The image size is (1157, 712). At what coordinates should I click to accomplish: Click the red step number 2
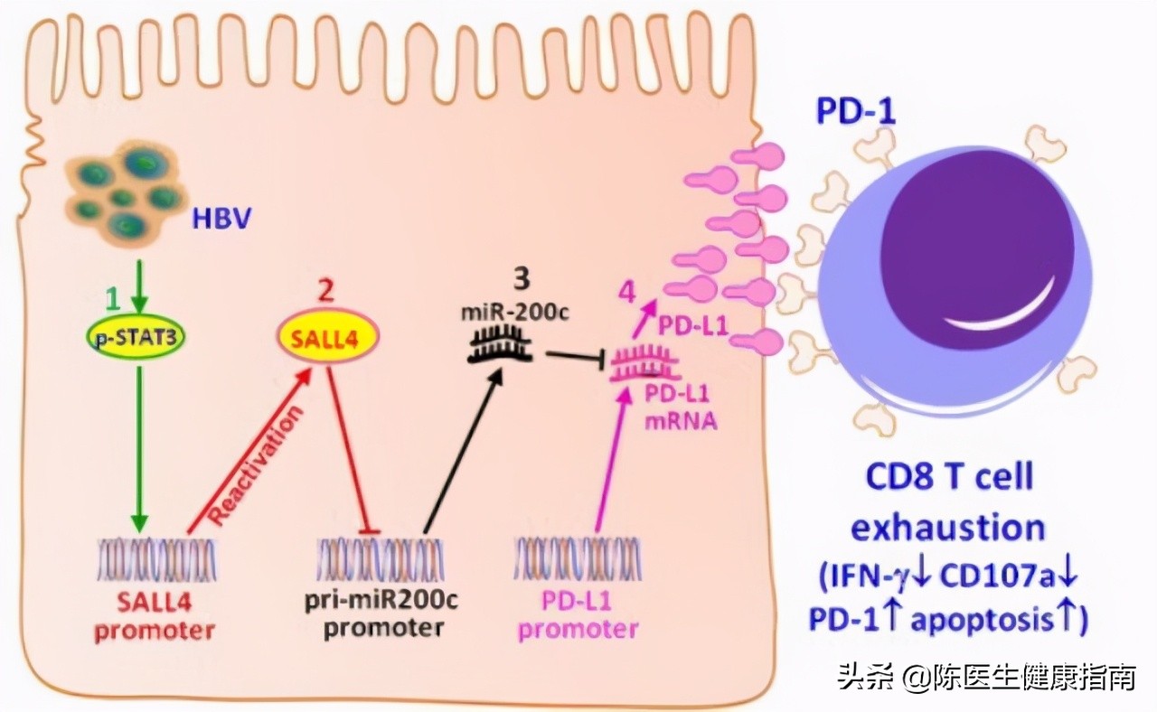pos(326,294)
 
